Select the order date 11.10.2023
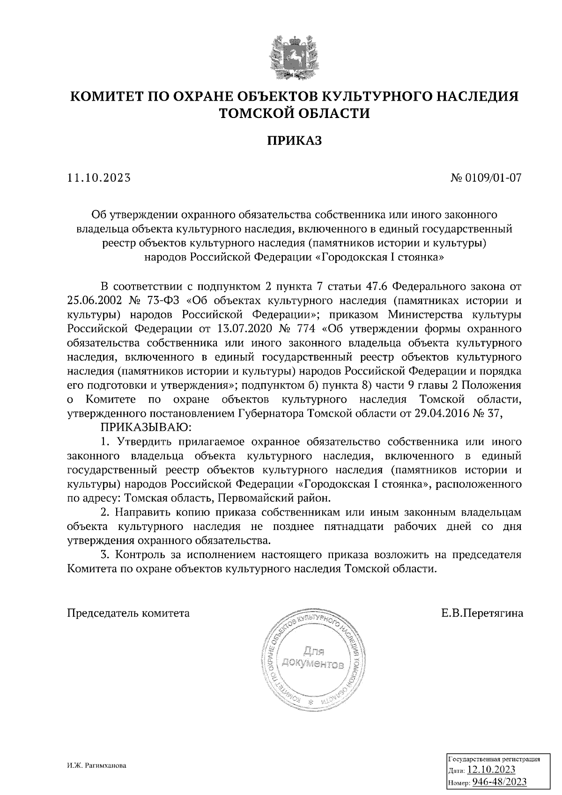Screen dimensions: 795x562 pyautogui.click(x=99, y=178)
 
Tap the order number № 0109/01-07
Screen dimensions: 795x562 pyautogui.click(x=487, y=178)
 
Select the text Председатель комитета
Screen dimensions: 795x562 pyautogui.click(x=129, y=613)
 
